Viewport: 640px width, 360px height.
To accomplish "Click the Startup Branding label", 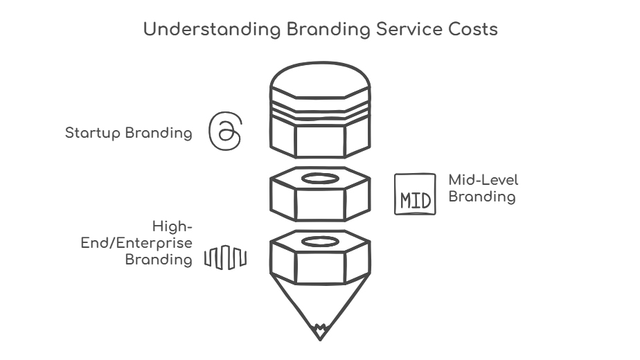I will point(129,133).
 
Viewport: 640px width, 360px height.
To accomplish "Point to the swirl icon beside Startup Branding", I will point(226,131).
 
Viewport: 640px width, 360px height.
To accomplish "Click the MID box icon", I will point(415,194).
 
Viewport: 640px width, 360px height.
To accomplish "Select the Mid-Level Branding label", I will point(483,188).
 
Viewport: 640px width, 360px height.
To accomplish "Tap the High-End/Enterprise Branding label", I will point(158,243).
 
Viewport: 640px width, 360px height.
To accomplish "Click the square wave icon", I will point(225,259).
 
